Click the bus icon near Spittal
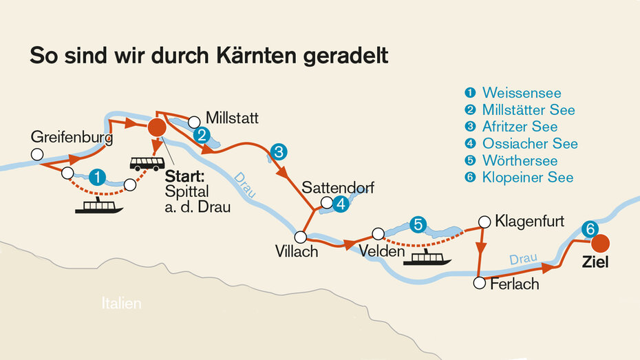pos(147,163)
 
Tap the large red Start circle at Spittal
pos(158,127)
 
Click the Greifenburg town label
pos(72,137)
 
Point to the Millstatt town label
pos(232,118)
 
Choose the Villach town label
pos(296,251)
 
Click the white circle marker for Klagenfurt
pos(484,222)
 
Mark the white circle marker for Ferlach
pos(480,283)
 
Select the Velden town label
pos(382,253)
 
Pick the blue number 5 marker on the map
pos(416,224)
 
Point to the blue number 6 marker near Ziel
pos(588,229)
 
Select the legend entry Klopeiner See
pos(528,178)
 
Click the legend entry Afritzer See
pos(520,127)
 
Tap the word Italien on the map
pos(120,303)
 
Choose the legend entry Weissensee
pos(522,93)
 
